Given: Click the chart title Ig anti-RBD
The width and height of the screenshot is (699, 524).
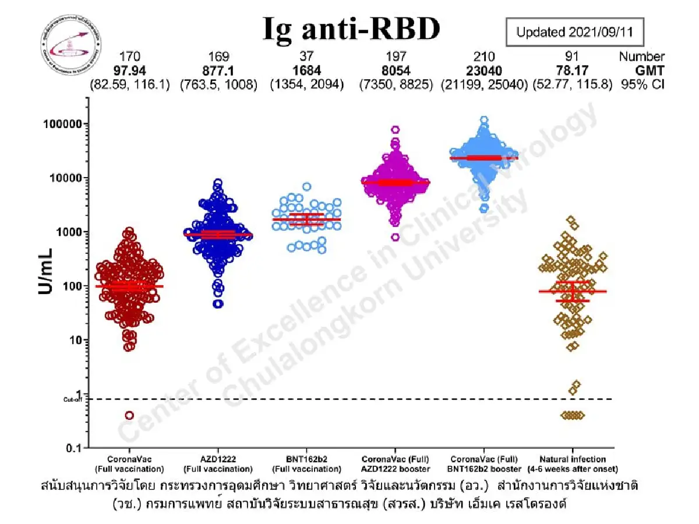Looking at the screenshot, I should click(351, 29).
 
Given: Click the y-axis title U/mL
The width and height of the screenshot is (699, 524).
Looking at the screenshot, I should click(47, 271).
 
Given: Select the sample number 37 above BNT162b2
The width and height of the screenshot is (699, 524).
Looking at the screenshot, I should click(306, 56).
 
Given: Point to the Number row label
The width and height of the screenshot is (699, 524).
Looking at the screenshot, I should click(641, 56).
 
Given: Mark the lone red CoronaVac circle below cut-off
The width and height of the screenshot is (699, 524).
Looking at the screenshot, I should click(129, 415).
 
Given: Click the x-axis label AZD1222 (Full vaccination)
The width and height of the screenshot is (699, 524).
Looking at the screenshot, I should click(218, 464).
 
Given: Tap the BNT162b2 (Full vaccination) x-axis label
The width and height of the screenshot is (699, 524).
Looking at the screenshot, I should click(306, 464).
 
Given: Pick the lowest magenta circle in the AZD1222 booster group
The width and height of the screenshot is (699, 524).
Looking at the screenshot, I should click(396, 237).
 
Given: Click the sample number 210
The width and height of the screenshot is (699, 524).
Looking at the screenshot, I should click(484, 56).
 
